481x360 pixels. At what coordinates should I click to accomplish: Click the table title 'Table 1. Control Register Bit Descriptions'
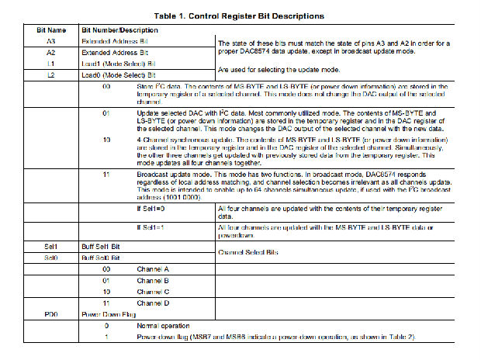tap(240, 16)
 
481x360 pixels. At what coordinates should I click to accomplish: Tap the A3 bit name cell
tap(51, 40)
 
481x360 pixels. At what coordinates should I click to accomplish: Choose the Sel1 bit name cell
tap(51, 246)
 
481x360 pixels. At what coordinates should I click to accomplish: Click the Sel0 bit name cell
tap(51, 257)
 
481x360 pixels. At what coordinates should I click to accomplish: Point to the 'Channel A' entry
tap(154, 268)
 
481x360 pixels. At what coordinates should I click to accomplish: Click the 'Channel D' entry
tap(154, 303)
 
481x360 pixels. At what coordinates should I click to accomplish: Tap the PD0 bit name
tap(51, 314)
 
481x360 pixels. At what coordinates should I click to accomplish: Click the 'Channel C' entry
tap(154, 291)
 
